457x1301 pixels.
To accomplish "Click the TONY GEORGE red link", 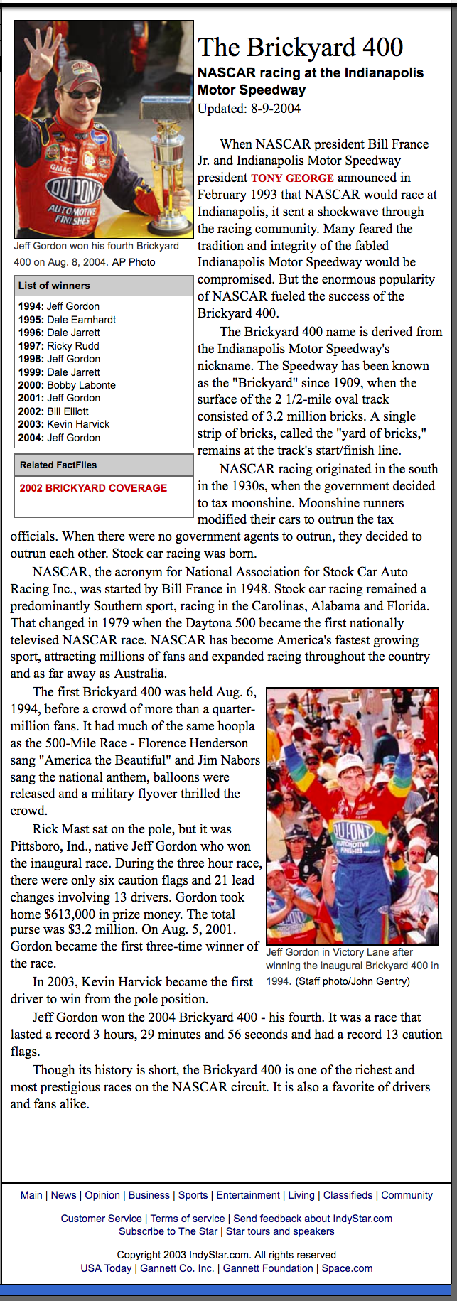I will coord(292,178).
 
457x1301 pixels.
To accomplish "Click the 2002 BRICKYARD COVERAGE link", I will coord(93,488).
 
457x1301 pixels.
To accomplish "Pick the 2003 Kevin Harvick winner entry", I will coord(64,424).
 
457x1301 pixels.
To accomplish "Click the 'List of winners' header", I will coord(54,286).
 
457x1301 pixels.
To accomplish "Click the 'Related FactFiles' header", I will coord(58,465).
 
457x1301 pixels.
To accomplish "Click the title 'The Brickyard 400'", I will coord(300,48).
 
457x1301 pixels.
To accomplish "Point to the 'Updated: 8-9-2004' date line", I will coord(249,109).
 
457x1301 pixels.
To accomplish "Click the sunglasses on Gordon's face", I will coord(83,93).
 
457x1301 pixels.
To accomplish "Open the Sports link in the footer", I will coord(193,1195).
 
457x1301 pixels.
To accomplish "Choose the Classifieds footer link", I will coord(348,1195).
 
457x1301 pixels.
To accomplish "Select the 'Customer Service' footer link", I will coord(101,1219).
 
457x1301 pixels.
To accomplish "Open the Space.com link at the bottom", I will coord(347,1268).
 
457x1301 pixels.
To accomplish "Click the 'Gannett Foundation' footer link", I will coord(268,1268).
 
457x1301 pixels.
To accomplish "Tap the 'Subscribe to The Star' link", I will coord(168,1231).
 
